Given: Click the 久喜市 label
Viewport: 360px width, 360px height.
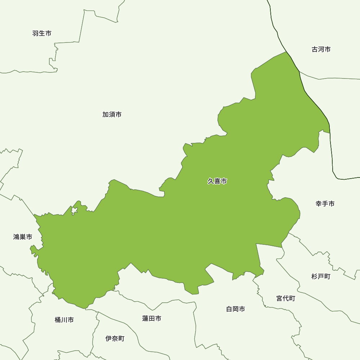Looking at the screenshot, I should [217, 181].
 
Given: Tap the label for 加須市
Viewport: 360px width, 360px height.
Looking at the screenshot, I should [112, 114].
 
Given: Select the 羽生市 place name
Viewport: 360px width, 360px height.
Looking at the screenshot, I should [42, 33].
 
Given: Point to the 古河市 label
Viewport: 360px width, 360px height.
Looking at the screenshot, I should [321, 49].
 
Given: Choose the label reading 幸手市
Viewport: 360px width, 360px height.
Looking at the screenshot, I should [325, 204].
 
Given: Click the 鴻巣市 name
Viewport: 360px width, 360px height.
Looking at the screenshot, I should [23, 237].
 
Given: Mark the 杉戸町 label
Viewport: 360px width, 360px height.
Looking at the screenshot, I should [321, 276].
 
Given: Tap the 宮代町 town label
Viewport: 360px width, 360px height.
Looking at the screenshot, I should [285, 298].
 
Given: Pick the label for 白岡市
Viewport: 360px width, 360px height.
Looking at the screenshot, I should [235, 309].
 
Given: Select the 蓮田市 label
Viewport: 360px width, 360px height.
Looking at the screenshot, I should [152, 318].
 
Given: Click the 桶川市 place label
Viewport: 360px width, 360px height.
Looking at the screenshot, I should [64, 320].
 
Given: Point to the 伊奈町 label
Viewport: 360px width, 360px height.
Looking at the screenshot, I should [115, 338].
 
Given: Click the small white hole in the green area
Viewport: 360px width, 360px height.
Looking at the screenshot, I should [75, 210].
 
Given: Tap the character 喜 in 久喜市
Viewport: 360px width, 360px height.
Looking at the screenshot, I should [217, 181].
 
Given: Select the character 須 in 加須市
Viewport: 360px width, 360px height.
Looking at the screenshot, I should [112, 114].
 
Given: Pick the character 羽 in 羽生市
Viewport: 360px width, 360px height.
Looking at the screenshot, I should [35, 33].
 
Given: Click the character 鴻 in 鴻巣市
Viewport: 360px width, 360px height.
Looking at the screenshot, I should [16, 237].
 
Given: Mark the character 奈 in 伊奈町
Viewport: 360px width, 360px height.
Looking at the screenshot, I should [115, 338].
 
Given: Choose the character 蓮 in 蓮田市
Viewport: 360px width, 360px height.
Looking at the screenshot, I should [145, 318].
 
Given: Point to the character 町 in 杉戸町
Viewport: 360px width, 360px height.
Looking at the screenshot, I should [327, 276].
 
